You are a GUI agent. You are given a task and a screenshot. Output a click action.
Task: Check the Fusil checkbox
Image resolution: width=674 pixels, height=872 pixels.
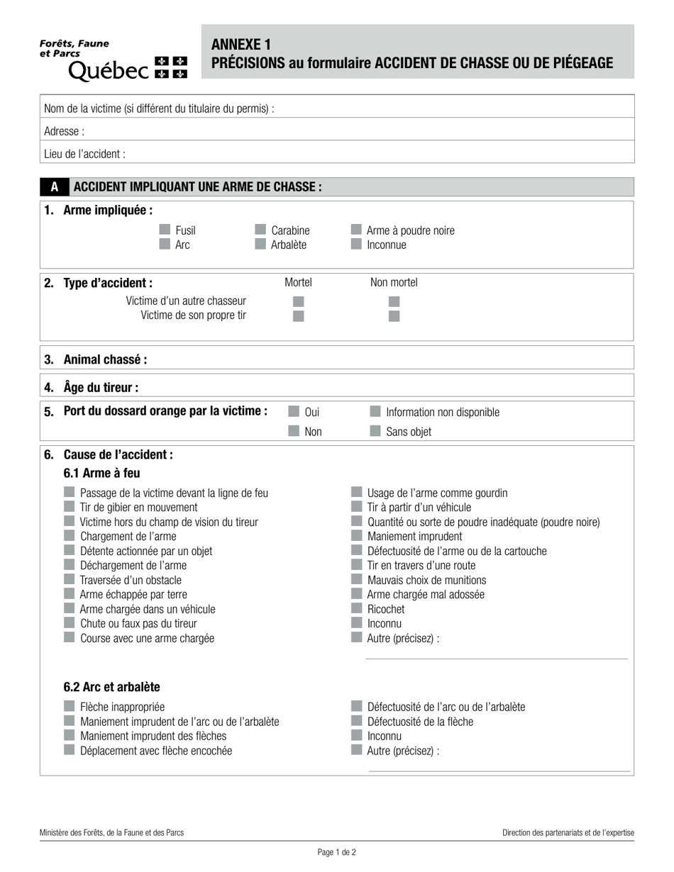[x=165, y=230]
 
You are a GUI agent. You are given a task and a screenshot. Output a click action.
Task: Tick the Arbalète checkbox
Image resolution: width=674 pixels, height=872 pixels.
[x=260, y=245]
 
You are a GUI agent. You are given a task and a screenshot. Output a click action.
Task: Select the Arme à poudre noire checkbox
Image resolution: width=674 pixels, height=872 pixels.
[x=356, y=230]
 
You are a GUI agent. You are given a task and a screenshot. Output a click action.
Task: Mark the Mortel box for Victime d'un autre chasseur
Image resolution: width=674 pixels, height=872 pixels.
[x=299, y=301]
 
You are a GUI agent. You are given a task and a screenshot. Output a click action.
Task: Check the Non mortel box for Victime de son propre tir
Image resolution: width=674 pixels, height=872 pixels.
[x=394, y=316]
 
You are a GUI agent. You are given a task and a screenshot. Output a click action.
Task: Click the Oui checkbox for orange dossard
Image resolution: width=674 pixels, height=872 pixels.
[x=294, y=411]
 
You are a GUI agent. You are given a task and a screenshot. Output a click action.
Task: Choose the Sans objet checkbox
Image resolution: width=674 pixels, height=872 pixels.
[x=375, y=431]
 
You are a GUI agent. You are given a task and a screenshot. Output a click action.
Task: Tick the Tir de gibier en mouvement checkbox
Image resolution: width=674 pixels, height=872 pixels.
[x=70, y=507]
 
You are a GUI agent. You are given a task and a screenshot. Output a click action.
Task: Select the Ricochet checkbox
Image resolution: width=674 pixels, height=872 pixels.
[x=356, y=608]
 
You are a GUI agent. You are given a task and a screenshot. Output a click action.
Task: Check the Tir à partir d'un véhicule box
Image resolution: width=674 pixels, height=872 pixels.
[x=356, y=507]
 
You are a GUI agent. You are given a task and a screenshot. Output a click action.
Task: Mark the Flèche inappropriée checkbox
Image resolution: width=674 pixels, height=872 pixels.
[x=70, y=706]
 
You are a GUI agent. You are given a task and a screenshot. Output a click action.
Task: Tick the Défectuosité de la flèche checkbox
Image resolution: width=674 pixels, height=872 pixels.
[x=356, y=721]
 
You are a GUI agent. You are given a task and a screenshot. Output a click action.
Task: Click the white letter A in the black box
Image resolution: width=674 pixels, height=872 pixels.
[x=55, y=187]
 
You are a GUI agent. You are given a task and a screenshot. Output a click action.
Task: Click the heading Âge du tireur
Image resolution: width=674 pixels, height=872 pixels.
[x=101, y=387]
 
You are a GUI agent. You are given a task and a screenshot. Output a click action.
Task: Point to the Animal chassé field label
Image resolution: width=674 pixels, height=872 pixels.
[x=105, y=359]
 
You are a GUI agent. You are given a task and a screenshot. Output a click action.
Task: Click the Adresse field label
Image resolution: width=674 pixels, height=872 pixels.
[x=64, y=131]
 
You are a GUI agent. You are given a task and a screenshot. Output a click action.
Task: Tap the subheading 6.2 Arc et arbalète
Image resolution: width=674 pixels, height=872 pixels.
[x=111, y=687]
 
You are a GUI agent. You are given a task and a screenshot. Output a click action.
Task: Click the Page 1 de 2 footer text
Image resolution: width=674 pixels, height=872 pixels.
[x=337, y=853]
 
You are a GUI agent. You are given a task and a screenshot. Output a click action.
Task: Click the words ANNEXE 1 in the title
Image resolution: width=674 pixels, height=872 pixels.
[x=241, y=45]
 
